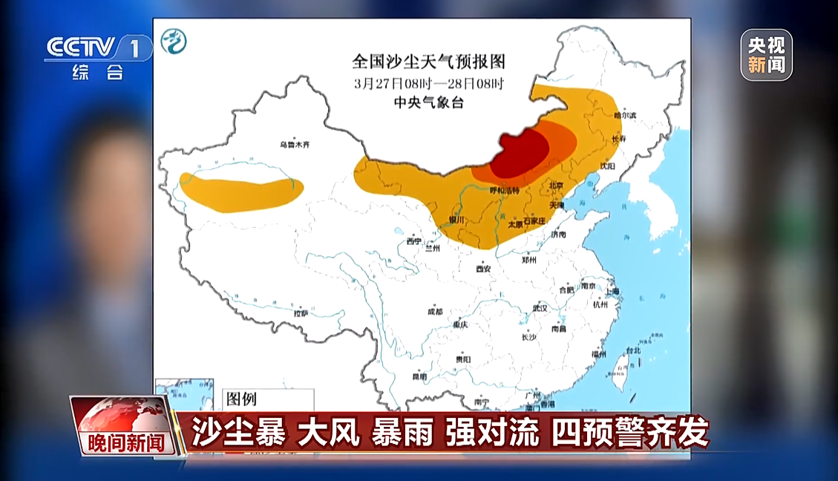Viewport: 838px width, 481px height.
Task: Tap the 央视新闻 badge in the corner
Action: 766,55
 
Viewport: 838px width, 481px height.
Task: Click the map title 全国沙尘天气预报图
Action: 428,61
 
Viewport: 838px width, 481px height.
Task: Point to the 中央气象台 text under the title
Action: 428,103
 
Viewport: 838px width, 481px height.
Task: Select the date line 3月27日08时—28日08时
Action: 428,83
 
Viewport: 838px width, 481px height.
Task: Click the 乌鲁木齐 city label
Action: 293,145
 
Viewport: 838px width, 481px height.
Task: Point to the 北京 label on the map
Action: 555,185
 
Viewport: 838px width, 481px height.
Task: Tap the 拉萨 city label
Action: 301,313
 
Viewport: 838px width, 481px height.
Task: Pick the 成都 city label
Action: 434,312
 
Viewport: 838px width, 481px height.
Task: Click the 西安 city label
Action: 483,268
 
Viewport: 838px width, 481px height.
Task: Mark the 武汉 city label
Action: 539,307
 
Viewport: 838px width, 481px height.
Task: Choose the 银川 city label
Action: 456,220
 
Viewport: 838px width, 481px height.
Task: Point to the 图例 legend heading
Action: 241,399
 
